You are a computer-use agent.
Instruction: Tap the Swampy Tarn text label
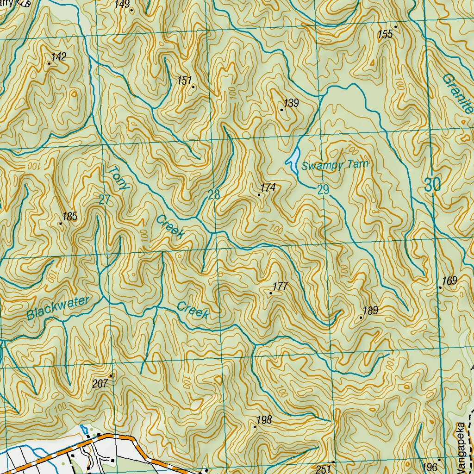click(x=334, y=165)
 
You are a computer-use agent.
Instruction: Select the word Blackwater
click(x=57, y=308)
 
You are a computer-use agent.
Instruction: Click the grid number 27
click(x=105, y=200)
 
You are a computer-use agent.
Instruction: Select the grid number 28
click(x=214, y=195)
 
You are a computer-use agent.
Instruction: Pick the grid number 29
click(x=323, y=189)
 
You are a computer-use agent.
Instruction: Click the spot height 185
click(x=69, y=217)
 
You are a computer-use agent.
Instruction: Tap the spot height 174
click(x=268, y=187)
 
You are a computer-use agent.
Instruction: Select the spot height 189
click(x=371, y=311)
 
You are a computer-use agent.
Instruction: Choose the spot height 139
click(x=291, y=103)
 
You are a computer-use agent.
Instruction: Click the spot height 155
click(x=385, y=34)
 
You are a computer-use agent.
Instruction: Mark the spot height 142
click(x=59, y=57)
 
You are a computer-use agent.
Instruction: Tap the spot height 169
click(x=449, y=281)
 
